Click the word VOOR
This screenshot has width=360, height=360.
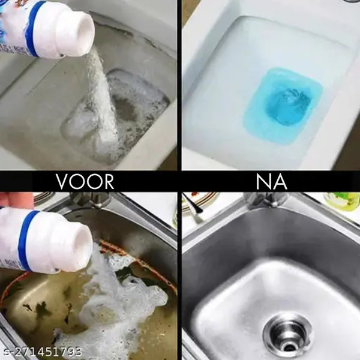85,182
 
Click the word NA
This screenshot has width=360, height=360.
271,182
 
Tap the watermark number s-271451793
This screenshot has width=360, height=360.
41,351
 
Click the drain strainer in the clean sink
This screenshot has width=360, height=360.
287,332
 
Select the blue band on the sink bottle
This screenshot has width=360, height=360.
26,239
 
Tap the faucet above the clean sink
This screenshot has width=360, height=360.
266,200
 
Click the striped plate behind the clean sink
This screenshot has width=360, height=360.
199,200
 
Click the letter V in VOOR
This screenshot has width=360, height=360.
62,182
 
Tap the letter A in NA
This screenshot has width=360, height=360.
281,182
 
